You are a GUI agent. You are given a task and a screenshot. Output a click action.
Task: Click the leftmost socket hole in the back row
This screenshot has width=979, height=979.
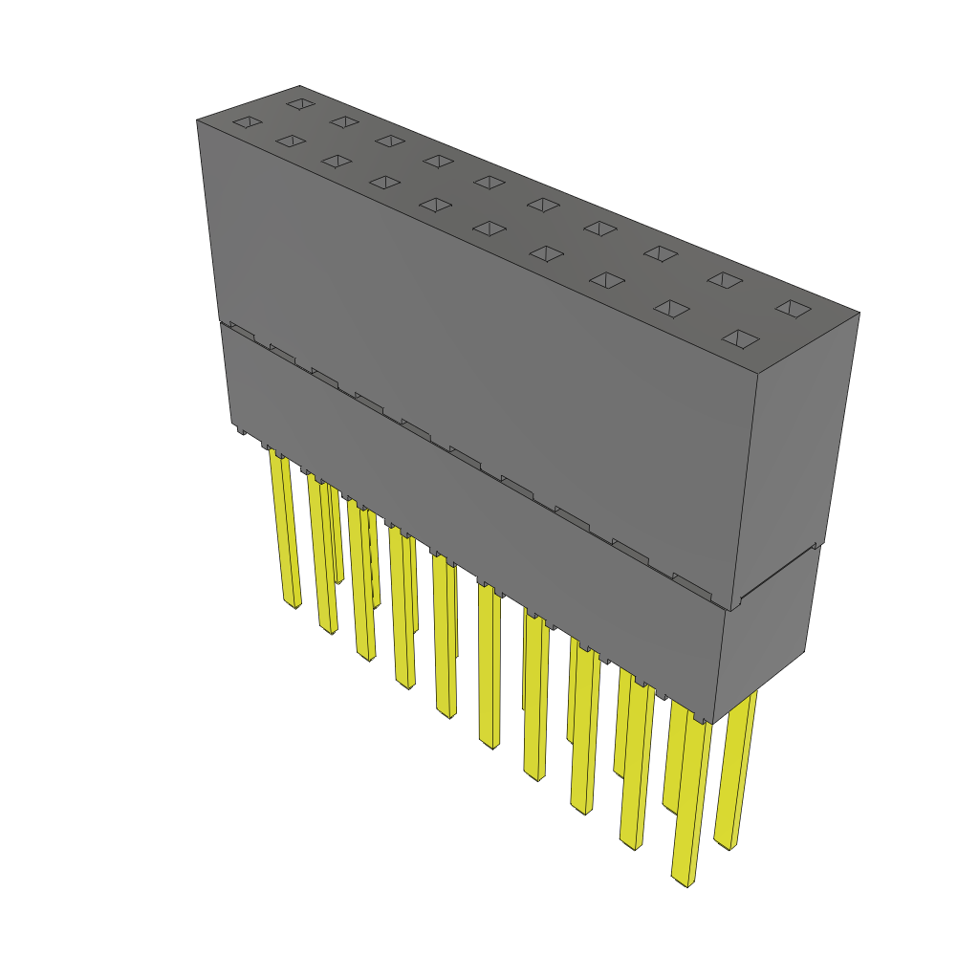tap(301, 103)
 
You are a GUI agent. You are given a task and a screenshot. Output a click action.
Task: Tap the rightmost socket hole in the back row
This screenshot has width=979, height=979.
tap(792, 308)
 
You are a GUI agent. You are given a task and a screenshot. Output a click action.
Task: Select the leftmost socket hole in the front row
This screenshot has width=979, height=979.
tap(248, 122)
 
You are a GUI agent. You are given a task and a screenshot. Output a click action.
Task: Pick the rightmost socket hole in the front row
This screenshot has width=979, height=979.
tap(741, 339)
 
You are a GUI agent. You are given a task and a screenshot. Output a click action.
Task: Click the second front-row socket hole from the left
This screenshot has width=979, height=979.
tap(289, 141)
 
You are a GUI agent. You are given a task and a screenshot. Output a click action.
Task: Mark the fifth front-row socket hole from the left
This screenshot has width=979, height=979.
tap(435, 205)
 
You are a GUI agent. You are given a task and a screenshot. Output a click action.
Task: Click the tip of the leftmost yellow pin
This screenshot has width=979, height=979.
tap(294, 603)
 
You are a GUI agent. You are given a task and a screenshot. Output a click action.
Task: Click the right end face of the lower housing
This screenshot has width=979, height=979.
tap(770, 631)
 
